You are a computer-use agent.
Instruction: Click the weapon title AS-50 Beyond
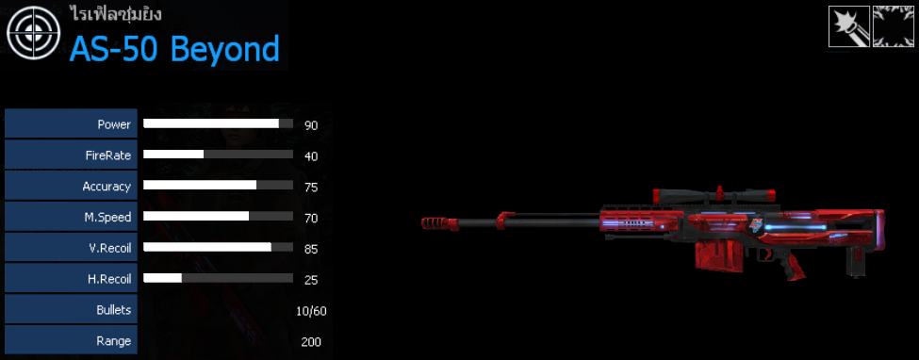pos(174,49)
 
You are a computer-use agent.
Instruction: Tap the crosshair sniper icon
pos(33,33)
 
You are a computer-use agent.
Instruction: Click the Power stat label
pos(114,124)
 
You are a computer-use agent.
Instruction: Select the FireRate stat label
pos(107,155)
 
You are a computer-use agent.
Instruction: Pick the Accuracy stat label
pos(107,187)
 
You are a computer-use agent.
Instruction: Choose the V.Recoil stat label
pos(107,248)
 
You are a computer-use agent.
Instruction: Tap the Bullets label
pos(114,309)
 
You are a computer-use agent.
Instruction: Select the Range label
pos(114,340)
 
